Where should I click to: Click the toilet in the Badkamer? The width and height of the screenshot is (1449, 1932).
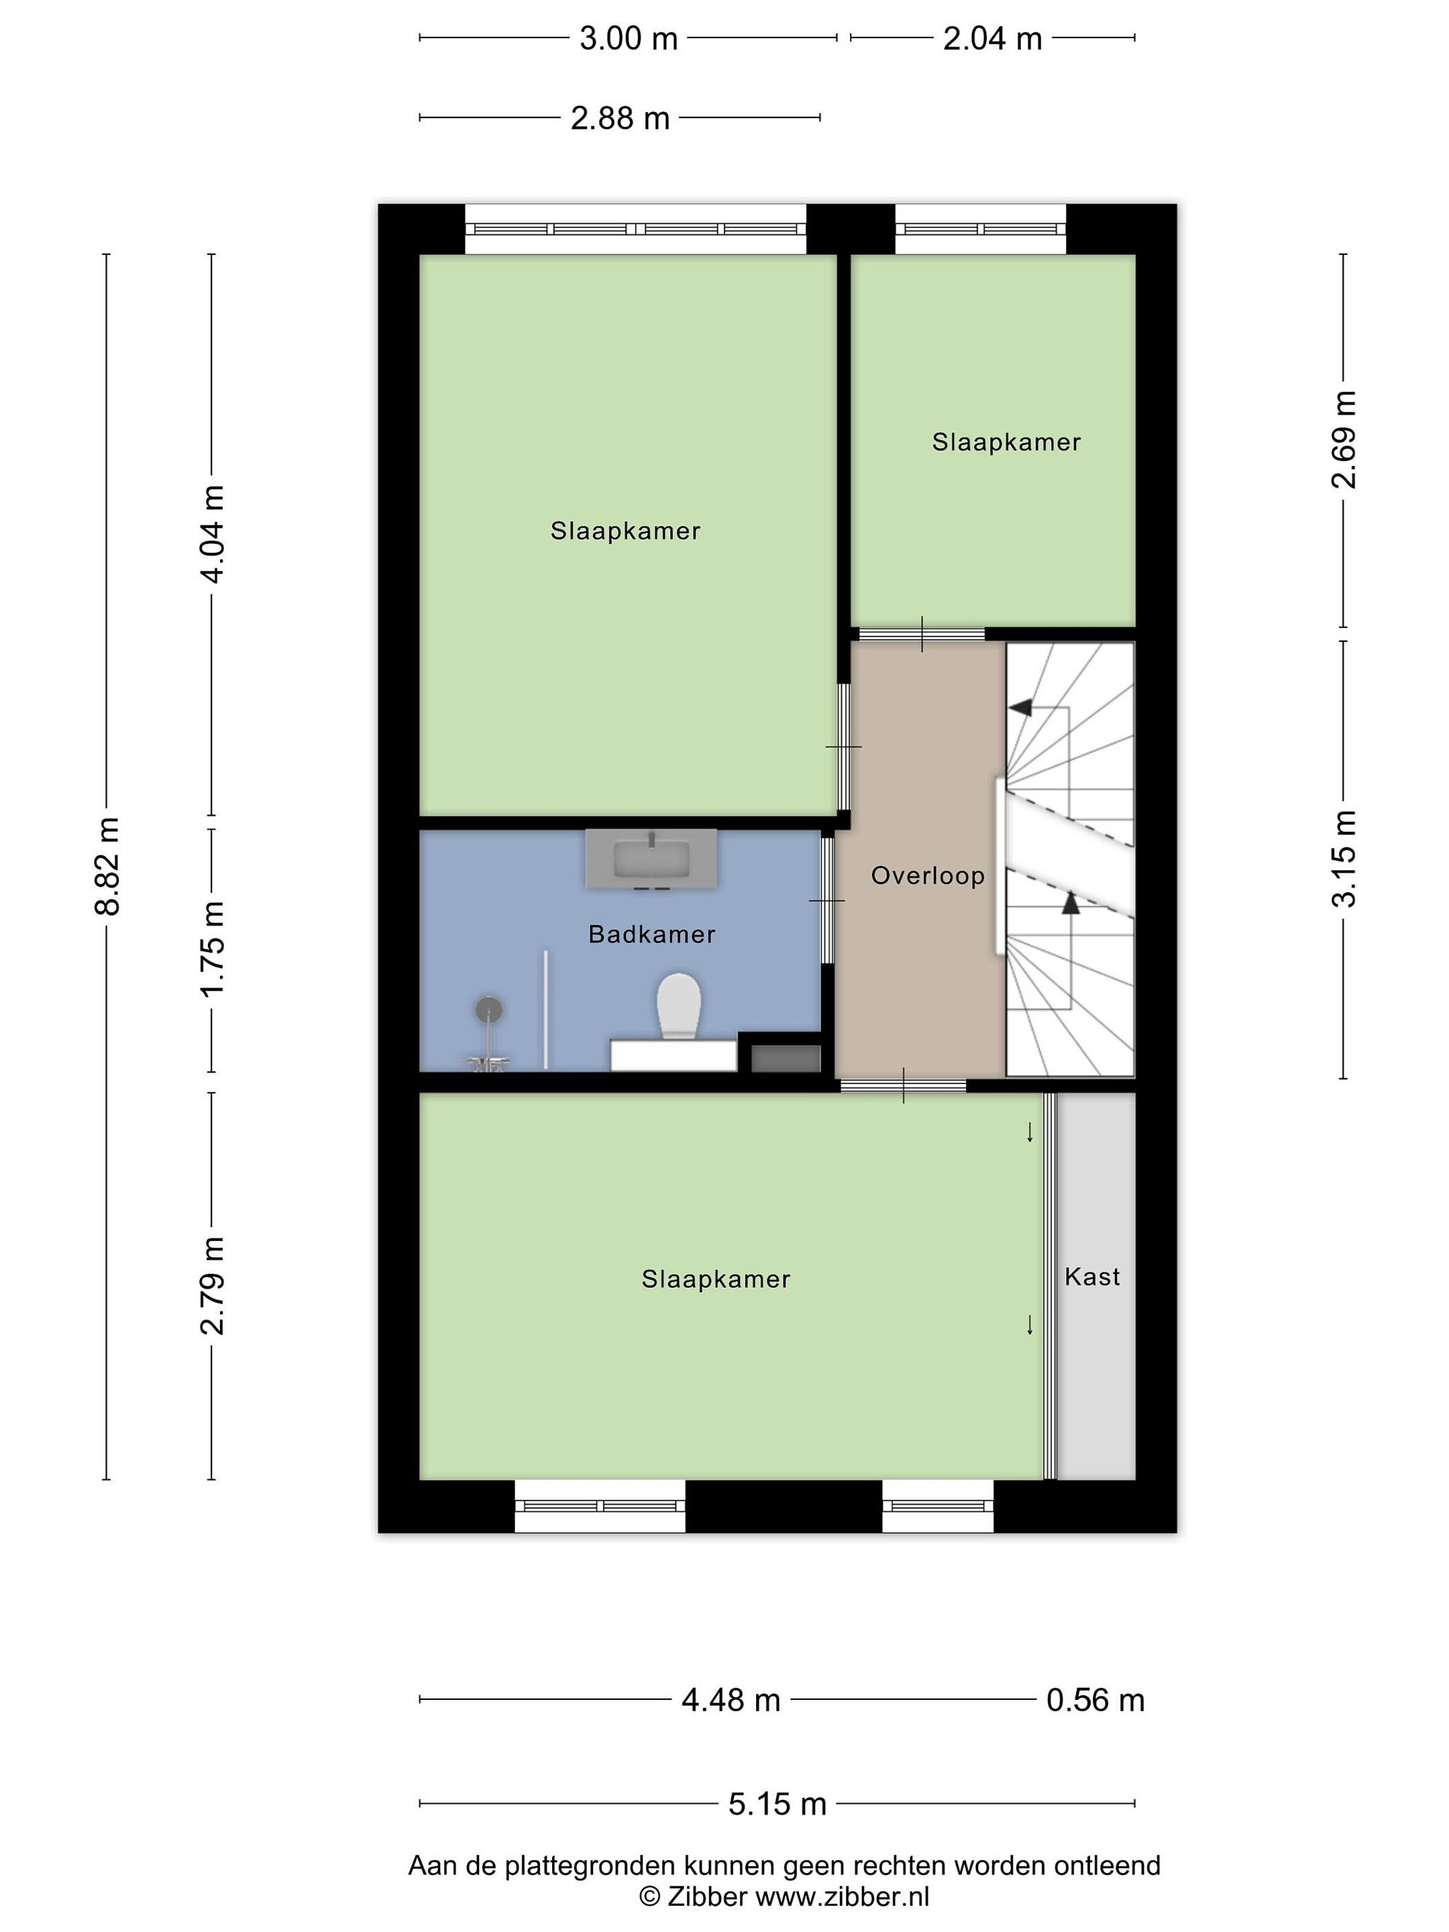click(679, 1006)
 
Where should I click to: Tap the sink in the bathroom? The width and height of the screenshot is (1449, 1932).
click(651, 859)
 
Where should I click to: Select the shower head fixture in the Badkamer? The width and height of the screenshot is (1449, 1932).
click(489, 1010)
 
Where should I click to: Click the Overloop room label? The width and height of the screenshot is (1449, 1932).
click(928, 875)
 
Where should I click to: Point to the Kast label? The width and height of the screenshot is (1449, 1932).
click(1091, 1277)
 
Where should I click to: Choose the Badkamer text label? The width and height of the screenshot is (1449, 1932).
click(651, 934)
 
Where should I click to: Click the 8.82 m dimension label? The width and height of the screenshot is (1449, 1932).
click(107, 867)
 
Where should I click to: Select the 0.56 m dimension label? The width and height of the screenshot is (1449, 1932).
click(1095, 1700)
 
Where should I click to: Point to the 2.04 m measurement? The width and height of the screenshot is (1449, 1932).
click(992, 38)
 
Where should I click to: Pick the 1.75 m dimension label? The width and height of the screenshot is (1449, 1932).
click(212, 949)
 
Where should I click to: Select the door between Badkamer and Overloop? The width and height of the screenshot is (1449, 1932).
click(826, 900)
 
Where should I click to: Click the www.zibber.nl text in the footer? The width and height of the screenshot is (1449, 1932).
click(842, 1896)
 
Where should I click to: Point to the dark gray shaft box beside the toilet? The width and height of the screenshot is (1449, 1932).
click(786, 1059)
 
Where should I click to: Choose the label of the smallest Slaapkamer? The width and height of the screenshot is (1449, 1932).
click(1006, 442)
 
